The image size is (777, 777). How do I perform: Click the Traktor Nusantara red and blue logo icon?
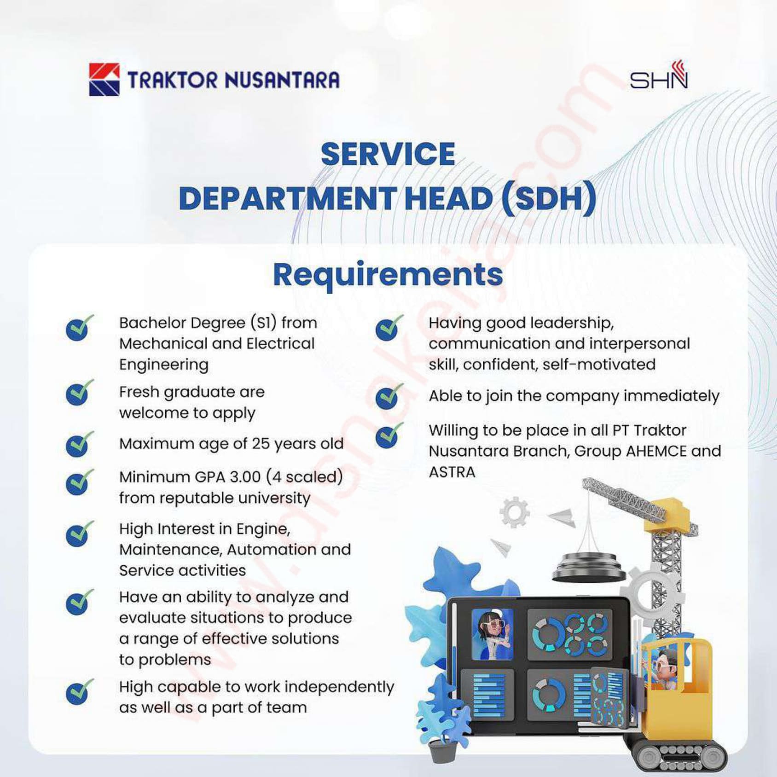(x=104, y=80)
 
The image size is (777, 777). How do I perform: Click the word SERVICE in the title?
(x=388, y=154)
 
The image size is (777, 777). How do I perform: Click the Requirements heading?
(x=388, y=275)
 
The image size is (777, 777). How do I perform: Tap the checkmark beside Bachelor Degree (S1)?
(x=79, y=328)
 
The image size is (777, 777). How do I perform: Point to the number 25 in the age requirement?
(x=261, y=444)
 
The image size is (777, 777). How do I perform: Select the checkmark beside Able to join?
(x=389, y=397)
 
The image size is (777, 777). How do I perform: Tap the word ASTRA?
(x=452, y=472)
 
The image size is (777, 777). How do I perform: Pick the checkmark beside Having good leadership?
(x=389, y=328)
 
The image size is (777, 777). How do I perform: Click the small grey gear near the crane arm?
(x=515, y=512)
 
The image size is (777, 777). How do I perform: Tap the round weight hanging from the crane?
(x=589, y=567)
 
